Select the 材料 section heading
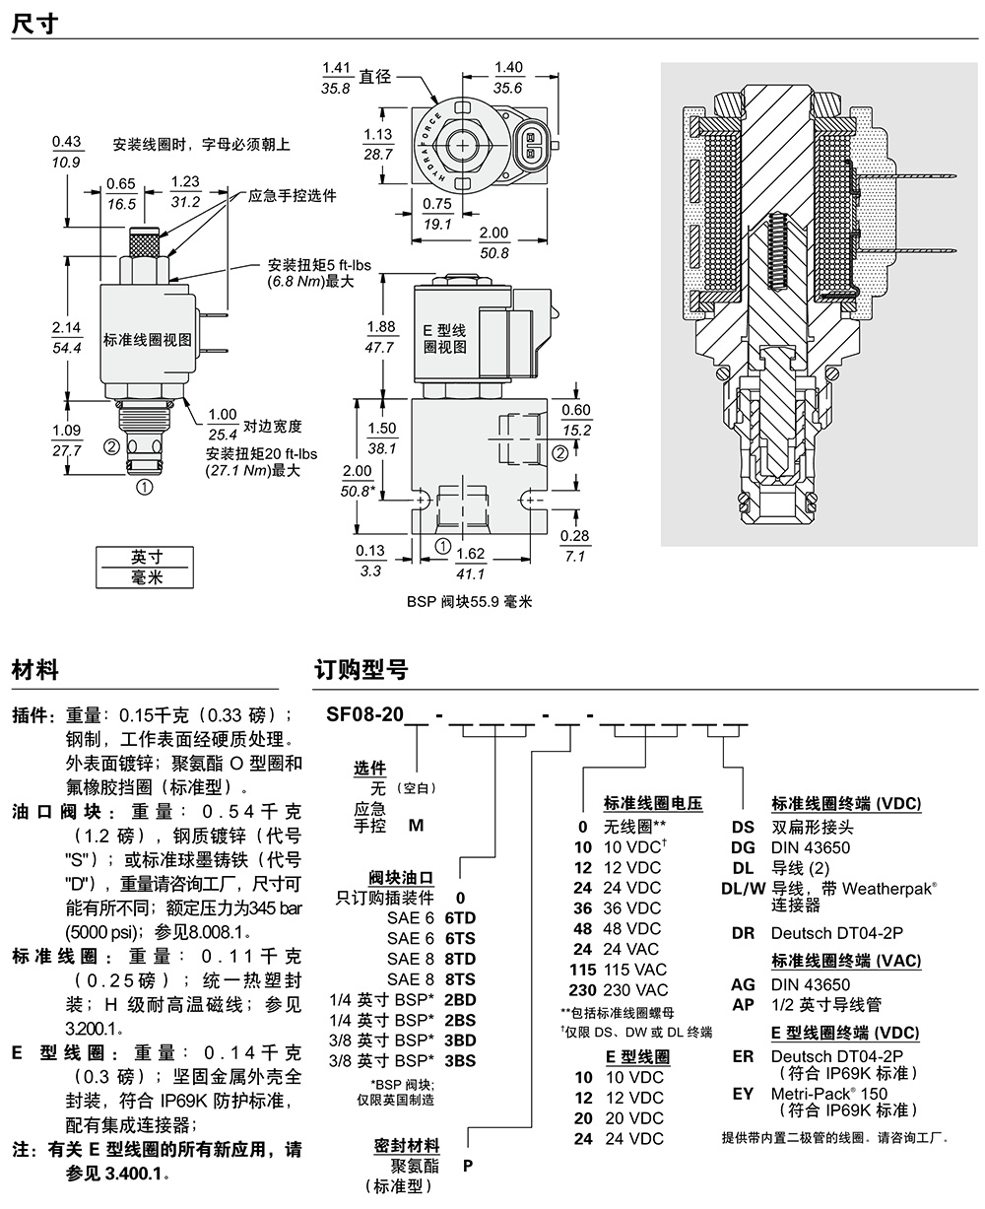[x=35, y=670]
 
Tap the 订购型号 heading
[x=361, y=670]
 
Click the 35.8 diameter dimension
[x=337, y=89]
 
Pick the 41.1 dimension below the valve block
[x=470, y=574]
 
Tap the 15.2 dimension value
[x=576, y=431]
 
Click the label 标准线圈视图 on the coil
[x=149, y=340]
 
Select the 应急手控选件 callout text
[x=293, y=196]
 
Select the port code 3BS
[x=460, y=1060]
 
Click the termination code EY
[x=743, y=1093]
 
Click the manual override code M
[x=416, y=825]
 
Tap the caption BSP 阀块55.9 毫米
[x=469, y=600]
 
